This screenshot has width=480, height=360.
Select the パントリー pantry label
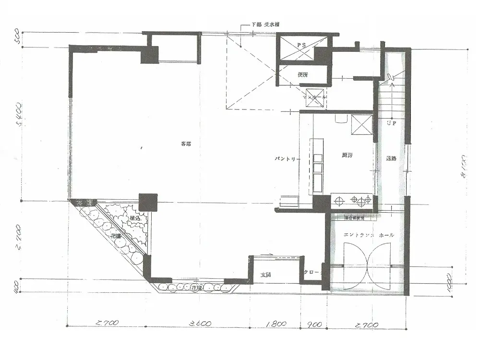[288, 158]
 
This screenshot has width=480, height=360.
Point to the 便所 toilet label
[302, 74]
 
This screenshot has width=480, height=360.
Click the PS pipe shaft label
[301, 45]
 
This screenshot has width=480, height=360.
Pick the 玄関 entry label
[266, 275]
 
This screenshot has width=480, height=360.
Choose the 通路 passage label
[391, 159]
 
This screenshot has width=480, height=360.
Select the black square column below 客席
[148, 202]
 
